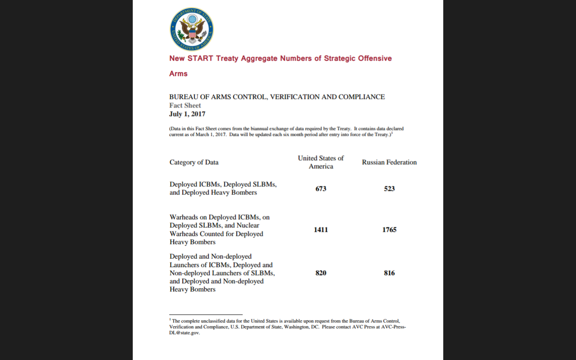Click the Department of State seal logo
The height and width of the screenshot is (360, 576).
coord(192,29)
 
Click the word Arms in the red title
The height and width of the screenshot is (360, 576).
coord(178,74)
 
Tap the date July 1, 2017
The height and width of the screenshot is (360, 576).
coord(187,114)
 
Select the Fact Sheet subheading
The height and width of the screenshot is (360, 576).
coord(185,105)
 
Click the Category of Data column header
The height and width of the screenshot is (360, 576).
coord(194,162)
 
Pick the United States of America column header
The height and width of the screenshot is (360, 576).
coord(321,162)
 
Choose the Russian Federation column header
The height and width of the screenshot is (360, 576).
coord(389,162)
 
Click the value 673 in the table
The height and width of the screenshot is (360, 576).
coord(321,189)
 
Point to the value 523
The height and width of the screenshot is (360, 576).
coord(389,189)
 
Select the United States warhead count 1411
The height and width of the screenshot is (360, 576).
coord(321,229)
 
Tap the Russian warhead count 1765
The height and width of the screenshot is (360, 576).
coord(389,229)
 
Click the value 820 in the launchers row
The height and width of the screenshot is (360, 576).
coord(321,273)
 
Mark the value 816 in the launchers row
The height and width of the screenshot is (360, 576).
coord(389,273)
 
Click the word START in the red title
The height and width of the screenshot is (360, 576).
coord(200,58)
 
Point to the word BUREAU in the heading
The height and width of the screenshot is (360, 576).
coord(182,97)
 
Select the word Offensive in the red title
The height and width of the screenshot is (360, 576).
coord(375,58)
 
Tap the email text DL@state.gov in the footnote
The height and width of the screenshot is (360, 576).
coord(184,333)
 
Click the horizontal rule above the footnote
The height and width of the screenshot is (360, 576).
coord(206,315)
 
